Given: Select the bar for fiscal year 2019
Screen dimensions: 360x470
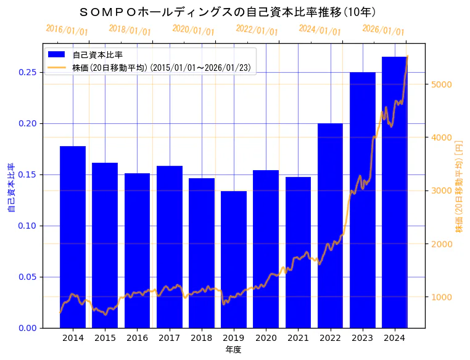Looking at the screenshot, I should point(234,259).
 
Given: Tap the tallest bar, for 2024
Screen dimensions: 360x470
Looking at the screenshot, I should point(394,192).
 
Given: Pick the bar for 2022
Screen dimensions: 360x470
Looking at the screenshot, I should point(330,225).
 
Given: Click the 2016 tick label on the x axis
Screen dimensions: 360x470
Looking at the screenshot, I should point(137,338).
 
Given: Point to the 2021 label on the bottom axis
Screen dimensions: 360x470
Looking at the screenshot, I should point(298,338).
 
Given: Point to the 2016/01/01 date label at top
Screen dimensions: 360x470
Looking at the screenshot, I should point(67,30).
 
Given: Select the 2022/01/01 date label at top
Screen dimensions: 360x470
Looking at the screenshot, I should point(257,30).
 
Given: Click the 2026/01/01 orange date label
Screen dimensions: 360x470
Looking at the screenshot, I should point(383,30).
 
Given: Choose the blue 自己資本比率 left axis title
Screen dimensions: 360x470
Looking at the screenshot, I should point(11,187).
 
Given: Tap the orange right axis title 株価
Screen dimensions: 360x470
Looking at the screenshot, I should point(459,186).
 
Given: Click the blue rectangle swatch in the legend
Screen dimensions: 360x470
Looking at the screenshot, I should point(57,55).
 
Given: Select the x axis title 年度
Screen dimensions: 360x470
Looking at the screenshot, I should point(233,350).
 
